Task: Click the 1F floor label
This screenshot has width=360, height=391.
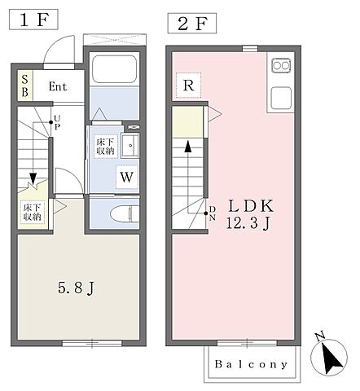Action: (x=33, y=20)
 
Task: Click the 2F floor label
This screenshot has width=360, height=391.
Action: (x=192, y=24)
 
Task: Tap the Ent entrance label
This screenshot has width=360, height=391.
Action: (x=58, y=86)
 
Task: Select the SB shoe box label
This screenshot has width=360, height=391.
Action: (x=24, y=86)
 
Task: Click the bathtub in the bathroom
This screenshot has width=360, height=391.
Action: (x=114, y=68)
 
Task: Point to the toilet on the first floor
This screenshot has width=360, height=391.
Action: (x=125, y=213)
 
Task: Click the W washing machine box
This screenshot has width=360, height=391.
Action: (x=126, y=177)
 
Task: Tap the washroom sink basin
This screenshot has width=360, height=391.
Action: (x=130, y=146)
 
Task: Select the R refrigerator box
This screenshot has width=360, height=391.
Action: (x=188, y=86)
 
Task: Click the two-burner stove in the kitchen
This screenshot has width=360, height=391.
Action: (x=281, y=65)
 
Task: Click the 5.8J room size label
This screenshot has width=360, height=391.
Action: (x=76, y=288)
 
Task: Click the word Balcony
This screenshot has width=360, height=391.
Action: (x=251, y=364)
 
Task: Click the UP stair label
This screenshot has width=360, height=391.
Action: (x=57, y=122)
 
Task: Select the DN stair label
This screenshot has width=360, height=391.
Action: (x=213, y=213)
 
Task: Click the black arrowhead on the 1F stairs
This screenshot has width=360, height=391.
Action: (x=33, y=178)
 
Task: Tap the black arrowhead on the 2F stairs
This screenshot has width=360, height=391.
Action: (x=187, y=147)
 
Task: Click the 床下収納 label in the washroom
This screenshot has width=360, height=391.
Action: (x=106, y=147)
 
